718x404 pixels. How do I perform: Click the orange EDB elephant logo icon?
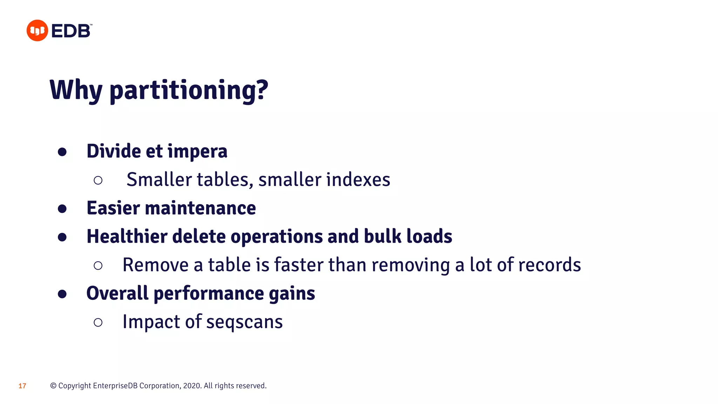pyautogui.click(x=37, y=31)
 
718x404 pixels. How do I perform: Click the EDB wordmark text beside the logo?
pyautogui.click(x=71, y=31)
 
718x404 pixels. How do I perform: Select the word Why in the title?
pyautogui.click(x=76, y=90)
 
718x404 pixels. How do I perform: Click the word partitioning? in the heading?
pyautogui.click(x=189, y=91)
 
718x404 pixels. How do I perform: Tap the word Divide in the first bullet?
pyautogui.click(x=114, y=151)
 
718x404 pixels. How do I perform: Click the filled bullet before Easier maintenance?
pyautogui.click(x=62, y=209)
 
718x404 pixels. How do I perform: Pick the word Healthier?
pyautogui.click(x=127, y=236)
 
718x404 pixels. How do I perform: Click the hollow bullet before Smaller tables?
pyautogui.click(x=98, y=180)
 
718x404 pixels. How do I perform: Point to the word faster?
pyautogui.click(x=298, y=265)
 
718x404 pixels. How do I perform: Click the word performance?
pyautogui.click(x=209, y=294)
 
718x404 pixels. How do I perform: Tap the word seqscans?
pyautogui.click(x=244, y=322)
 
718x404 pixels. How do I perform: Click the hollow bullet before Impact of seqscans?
pyautogui.click(x=98, y=322)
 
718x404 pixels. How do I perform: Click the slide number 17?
pyautogui.click(x=22, y=386)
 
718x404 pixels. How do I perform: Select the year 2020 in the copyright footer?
pyautogui.click(x=192, y=386)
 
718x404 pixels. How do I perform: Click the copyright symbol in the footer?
pyautogui.click(x=53, y=386)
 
